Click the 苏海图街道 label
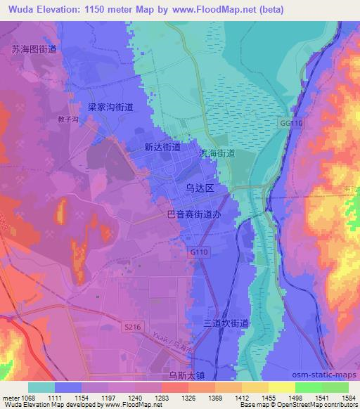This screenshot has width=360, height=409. click(34, 49)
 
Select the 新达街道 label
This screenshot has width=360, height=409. click(162, 148)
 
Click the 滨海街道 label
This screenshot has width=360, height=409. click(217, 152)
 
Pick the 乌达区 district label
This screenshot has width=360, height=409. click(204, 189)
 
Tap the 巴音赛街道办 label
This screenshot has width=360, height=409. click(198, 218)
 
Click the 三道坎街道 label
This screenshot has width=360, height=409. click(226, 323)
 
